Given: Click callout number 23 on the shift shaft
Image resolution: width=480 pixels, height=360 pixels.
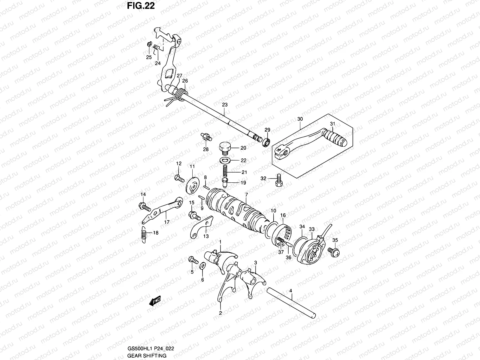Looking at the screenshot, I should [225, 105].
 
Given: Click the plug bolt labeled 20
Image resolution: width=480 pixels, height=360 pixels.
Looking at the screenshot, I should [225, 148].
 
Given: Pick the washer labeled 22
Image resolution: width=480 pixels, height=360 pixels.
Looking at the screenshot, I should [225, 160].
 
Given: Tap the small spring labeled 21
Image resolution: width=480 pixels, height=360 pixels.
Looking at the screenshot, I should [226, 172].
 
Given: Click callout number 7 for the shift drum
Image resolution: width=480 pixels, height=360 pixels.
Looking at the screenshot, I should [246, 195].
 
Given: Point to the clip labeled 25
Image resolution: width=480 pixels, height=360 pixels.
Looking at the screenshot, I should [149, 45].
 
